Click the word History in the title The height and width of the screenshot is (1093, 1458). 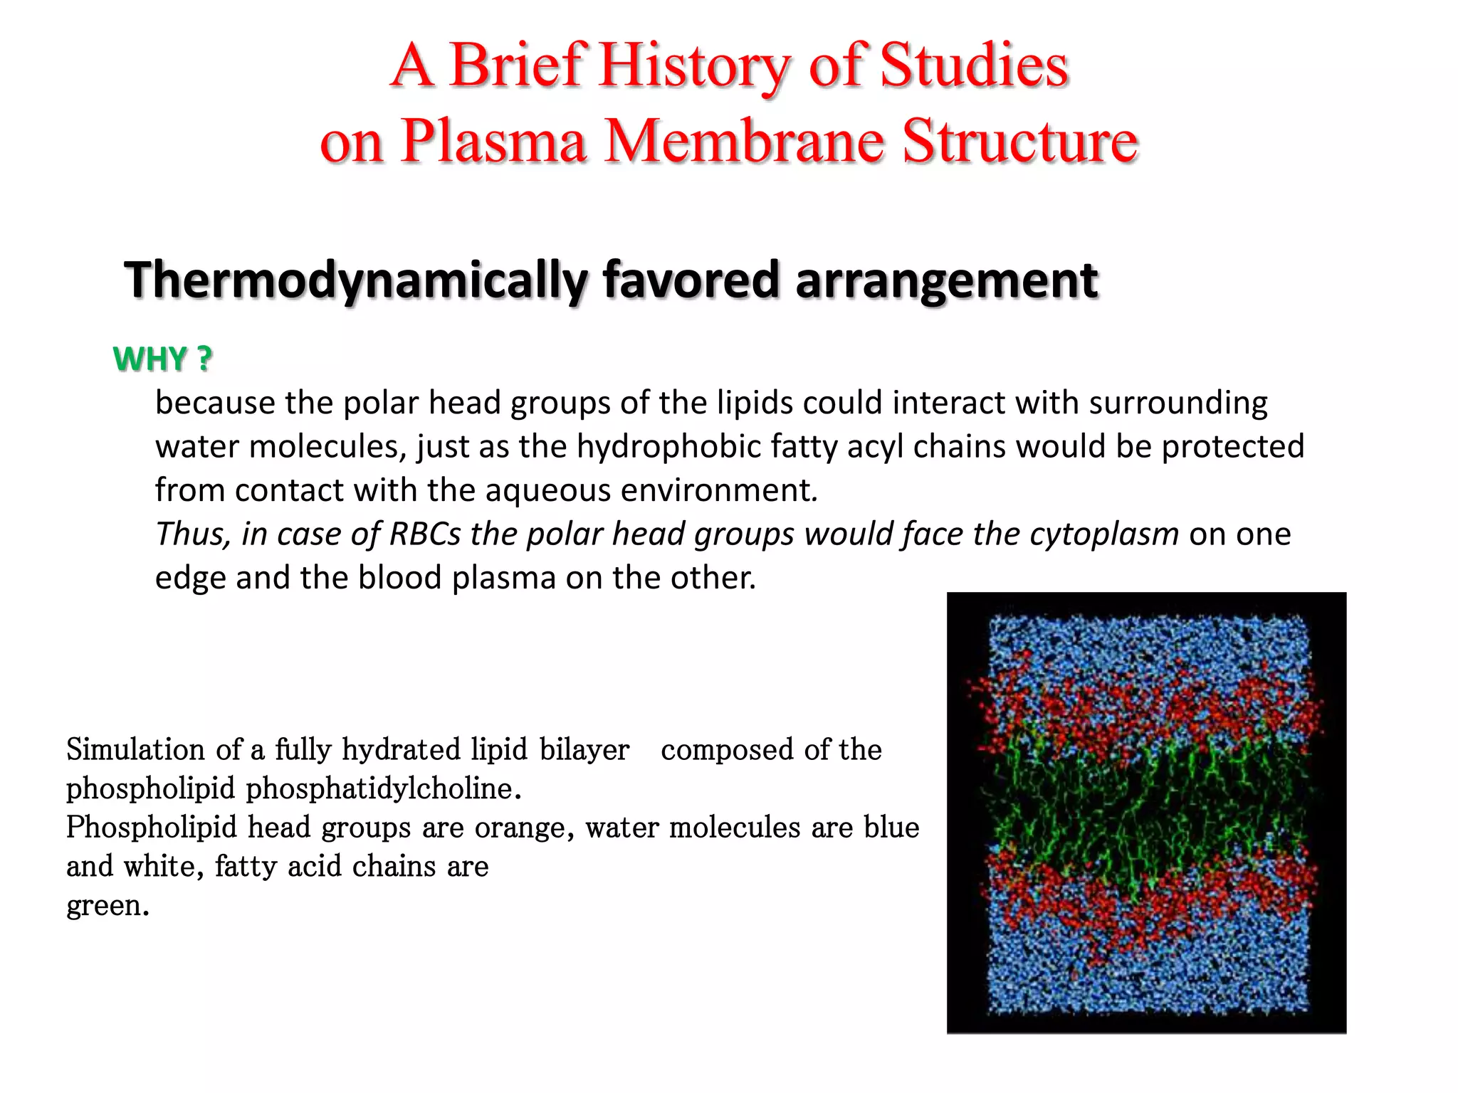694,65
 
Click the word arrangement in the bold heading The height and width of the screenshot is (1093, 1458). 946,280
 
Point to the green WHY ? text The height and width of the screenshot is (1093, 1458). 162,359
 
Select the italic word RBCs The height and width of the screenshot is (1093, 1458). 425,534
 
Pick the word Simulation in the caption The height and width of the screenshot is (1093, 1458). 136,750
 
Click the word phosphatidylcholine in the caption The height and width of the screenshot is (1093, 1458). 383,788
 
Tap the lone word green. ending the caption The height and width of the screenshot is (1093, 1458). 107,906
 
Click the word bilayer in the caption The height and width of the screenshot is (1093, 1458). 584,750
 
